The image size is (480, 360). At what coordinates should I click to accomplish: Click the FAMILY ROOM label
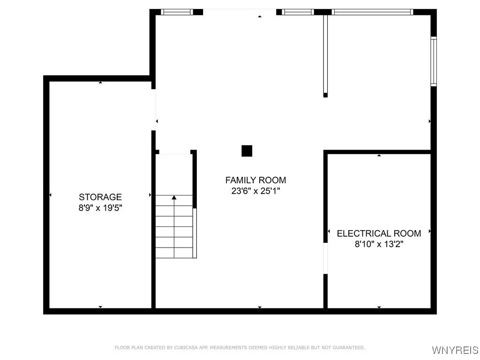coord(255,180)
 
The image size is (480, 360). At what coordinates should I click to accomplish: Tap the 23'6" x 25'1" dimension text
coord(255,191)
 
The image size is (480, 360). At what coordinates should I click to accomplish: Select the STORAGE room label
coord(100,197)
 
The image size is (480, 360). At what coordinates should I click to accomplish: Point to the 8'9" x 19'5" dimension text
coord(100,208)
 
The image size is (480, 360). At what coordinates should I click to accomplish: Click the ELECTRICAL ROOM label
coord(379,233)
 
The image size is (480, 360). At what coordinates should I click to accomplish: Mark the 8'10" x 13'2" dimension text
coord(379,244)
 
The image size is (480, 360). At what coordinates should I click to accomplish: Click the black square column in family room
coord(247,151)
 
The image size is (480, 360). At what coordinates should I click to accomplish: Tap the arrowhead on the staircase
coord(174,198)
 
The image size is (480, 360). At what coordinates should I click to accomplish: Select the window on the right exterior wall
coord(434,61)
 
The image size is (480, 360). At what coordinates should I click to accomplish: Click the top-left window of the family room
coord(177,12)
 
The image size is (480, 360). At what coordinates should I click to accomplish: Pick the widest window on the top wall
coord(372,12)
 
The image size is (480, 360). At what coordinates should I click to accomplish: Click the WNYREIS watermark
coord(455,350)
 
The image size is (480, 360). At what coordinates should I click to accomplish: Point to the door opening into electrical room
coord(325,258)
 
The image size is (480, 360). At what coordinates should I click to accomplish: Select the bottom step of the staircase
coord(174,253)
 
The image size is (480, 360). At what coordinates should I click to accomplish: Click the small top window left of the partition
coord(298,12)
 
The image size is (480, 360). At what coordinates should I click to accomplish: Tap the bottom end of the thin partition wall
coord(325,95)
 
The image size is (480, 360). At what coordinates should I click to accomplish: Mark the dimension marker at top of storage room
coord(100,83)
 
